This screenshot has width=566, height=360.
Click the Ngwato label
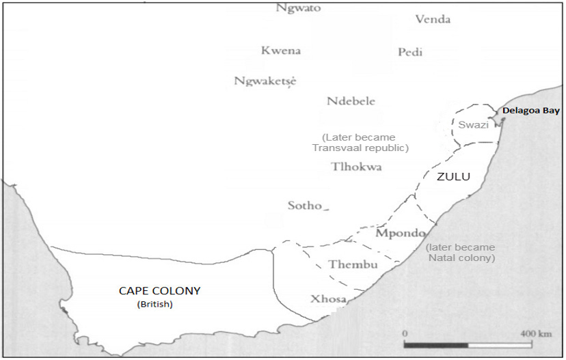pos(298,8)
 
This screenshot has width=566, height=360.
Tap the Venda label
pos(433,19)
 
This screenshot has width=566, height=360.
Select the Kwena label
pos(280,51)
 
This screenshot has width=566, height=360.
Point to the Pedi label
pos(410,53)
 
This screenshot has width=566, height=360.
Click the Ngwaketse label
pos(265,81)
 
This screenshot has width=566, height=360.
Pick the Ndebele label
pos(351,101)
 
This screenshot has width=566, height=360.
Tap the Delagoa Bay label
pos(530,111)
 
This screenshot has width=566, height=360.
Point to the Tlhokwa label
pos(356,167)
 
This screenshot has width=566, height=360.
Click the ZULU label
pos(454,177)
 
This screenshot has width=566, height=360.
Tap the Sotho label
pos(305,206)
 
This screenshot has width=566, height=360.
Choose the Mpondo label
pos(401,233)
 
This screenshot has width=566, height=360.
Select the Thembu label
pos(353,264)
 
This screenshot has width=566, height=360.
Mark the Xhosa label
pos(328,299)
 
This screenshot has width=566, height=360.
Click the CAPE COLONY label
pos(159,291)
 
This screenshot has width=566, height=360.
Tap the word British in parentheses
pos(155,304)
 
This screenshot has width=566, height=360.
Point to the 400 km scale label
pos(535,333)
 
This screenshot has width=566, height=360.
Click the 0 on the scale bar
pos(405,333)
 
